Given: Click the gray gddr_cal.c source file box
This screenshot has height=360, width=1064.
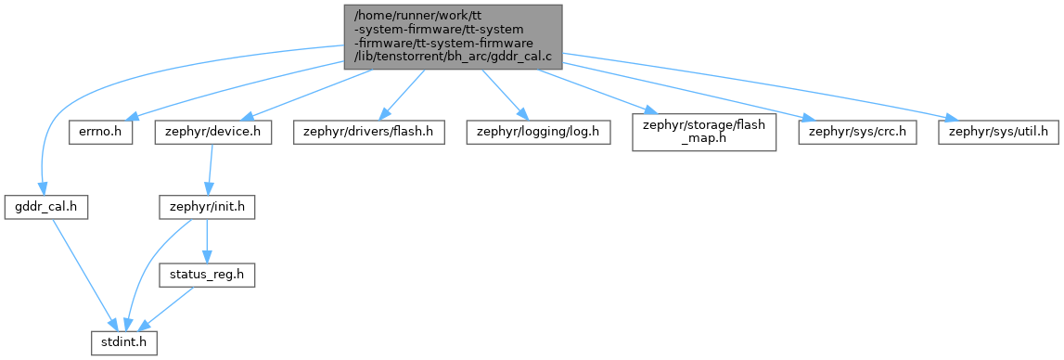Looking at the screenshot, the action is pyautogui.click(x=454, y=37).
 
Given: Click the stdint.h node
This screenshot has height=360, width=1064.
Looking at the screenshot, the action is pyautogui.click(x=125, y=342).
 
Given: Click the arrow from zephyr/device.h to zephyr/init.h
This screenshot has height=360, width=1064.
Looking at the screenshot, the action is pyautogui.click(x=211, y=170).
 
